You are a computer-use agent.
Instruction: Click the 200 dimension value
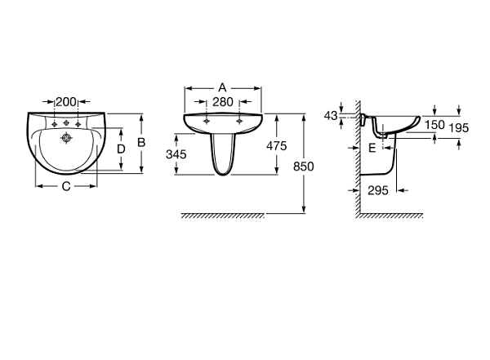66,101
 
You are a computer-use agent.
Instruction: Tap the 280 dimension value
223,102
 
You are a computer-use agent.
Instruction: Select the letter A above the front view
222,88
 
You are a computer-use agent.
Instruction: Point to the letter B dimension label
141,143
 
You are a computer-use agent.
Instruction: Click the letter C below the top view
66,187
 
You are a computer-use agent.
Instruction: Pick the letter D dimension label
121,149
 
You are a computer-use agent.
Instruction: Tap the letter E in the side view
372,148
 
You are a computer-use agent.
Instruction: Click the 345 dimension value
176,154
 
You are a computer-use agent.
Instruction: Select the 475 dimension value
277,146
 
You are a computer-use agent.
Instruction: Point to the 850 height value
304,167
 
